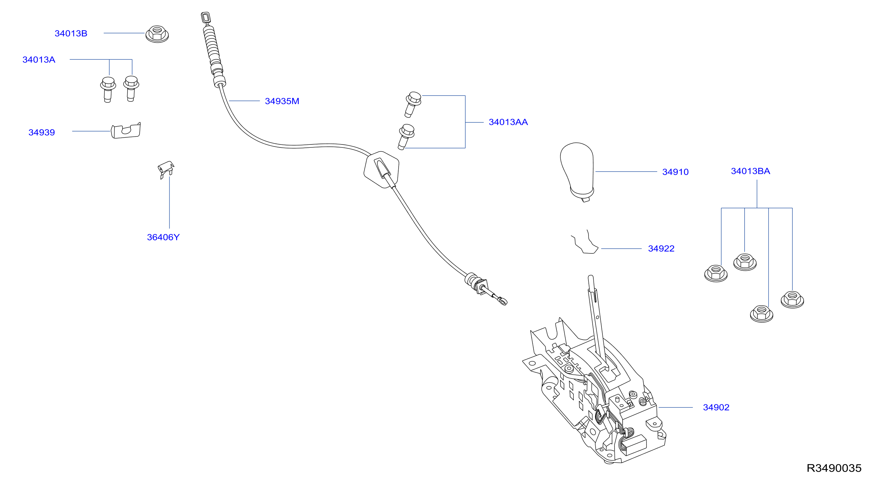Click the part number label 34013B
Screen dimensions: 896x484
[71, 33]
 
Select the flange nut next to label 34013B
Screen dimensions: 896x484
[157, 34]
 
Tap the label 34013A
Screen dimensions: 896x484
[39, 59]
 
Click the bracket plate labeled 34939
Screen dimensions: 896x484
[126, 130]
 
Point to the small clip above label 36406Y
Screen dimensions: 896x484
[166, 169]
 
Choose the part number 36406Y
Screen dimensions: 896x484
[163, 237]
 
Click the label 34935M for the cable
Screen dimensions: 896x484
[282, 101]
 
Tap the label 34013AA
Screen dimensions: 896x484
[508, 122]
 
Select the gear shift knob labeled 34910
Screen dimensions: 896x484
[577, 172]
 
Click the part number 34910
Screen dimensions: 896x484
[676, 172]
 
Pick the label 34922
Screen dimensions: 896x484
[661, 249]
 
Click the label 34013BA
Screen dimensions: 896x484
[751, 171]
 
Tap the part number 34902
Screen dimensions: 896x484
[716, 407]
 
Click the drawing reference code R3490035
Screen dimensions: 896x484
[834, 468]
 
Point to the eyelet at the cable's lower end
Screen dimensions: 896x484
[503, 301]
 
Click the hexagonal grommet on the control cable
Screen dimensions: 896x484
[382, 170]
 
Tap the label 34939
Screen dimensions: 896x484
[42, 132]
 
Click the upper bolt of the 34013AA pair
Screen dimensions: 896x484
[413, 104]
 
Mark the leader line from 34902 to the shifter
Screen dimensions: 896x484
[676, 407]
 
